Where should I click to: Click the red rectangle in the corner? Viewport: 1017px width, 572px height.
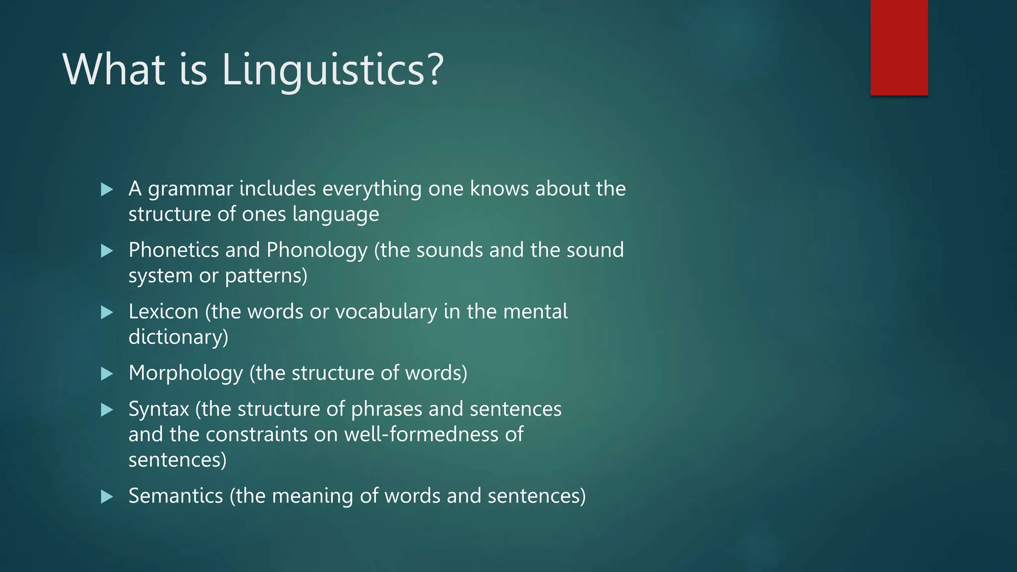(899, 47)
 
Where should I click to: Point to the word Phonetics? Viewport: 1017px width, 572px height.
(173, 250)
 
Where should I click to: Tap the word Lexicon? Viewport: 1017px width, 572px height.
(163, 312)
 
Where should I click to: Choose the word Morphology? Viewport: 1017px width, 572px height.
(186, 373)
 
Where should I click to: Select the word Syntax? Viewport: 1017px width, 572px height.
(159, 410)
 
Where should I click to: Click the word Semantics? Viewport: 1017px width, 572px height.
(176, 496)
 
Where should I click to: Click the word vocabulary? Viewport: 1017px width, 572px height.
(386, 312)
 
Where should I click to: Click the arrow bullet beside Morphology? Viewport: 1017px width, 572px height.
(107, 373)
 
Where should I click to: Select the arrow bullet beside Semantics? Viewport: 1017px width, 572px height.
(107, 497)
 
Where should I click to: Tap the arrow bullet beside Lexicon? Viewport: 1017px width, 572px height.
(107, 312)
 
